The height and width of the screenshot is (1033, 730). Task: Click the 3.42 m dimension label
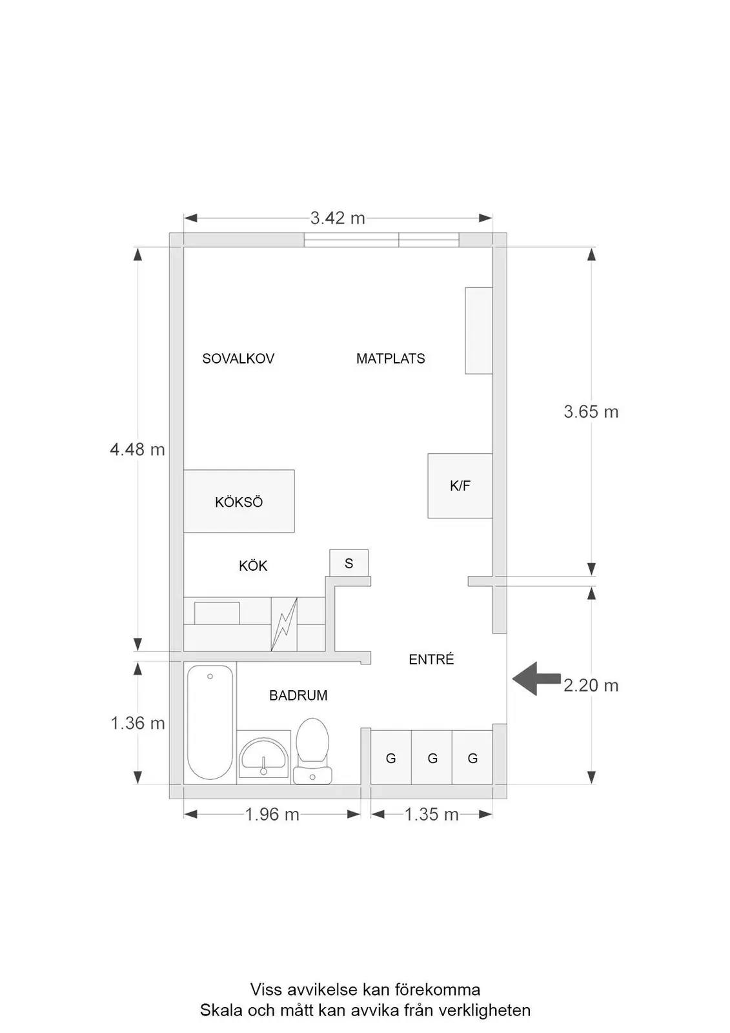click(338, 218)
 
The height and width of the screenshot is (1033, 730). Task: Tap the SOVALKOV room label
click(238, 358)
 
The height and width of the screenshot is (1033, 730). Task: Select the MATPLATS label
click(390, 358)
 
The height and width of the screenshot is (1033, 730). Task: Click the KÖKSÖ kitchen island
click(239, 501)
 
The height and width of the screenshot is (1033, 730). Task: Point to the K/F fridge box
click(460, 486)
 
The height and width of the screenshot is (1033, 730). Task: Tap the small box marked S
click(349, 562)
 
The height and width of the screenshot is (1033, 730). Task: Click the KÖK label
click(253, 566)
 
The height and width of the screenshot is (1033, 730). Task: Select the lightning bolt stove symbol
click(284, 624)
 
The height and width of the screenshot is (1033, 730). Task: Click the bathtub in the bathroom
click(210, 722)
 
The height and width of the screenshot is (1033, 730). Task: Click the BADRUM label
click(298, 695)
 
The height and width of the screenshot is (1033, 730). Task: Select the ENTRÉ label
click(431, 659)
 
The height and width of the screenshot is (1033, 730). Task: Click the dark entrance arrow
click(536, 679)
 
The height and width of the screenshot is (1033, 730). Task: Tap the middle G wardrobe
click(432, 757)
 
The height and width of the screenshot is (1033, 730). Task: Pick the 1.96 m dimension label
click(272, 815)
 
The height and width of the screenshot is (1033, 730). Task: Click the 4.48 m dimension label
click(137, 449)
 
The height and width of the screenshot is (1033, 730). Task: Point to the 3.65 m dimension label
click(591, 411)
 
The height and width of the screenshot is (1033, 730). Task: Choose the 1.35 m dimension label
click(432, 815)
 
